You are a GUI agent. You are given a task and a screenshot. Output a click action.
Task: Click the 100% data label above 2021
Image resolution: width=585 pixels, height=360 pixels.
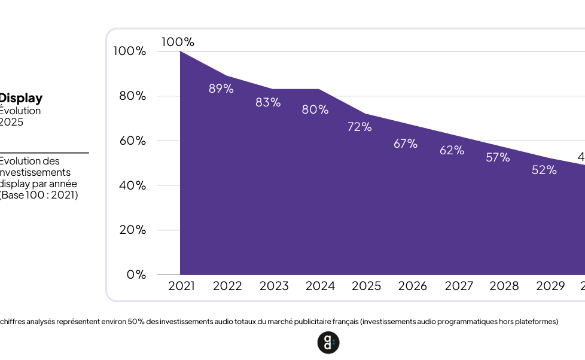pyautogui.click(x=178, y=42)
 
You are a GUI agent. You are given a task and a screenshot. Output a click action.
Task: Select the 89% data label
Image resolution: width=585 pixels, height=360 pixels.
pyautogui.click(x=221, y=89)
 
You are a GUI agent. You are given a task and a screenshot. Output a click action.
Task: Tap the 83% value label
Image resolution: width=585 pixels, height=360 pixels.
pyautogui.click(x=268, y=102)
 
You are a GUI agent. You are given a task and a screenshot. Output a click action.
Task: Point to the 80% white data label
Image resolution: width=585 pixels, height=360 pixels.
pyautogui.click(x=315, y=109)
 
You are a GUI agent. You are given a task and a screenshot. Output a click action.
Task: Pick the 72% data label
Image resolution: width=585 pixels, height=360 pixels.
pyautogui.click(x=359, y=127)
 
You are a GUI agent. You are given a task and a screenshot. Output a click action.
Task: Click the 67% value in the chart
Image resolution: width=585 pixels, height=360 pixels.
pyautogui.click(x=406, y=144)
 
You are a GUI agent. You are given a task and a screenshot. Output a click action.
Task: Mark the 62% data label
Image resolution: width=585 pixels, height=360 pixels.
pyautogui.click(x=452, y=150)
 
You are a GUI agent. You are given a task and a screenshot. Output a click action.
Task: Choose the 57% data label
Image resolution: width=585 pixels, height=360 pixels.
pyautogui.click(x=498, y=157)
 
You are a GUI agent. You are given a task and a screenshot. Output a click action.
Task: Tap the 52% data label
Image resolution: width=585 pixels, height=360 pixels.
pyautogui.click(x=544, y=170)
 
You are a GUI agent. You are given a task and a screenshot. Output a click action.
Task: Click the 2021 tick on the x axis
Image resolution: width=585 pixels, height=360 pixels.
pyautogui.click(x=181, y=286)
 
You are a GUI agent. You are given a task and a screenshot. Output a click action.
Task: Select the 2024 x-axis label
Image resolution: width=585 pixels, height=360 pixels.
pyautogui.click(x=320, y=286)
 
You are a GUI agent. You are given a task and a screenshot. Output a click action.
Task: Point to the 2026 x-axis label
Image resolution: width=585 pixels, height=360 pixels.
pyautogui.click(x=412, y=286)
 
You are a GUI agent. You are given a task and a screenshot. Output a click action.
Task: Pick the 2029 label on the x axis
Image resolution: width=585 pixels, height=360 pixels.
pyautogui.click(x=550, y=286)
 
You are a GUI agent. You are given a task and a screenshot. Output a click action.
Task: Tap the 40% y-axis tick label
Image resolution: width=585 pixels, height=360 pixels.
pyautogui.click(x=132, y=185)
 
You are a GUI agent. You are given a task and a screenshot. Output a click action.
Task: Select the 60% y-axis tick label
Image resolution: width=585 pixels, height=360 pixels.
pyautogui.click(x=132, y=141)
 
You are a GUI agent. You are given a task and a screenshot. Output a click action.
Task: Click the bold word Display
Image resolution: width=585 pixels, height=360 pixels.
pyautogui.click(x=21, y=98)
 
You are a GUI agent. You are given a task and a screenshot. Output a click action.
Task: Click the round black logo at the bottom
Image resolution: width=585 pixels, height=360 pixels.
pyautogui.click(x=328, y=343)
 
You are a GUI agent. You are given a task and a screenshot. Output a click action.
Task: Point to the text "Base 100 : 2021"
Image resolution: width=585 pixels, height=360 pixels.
pyautogui.click(x=40, y=195)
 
